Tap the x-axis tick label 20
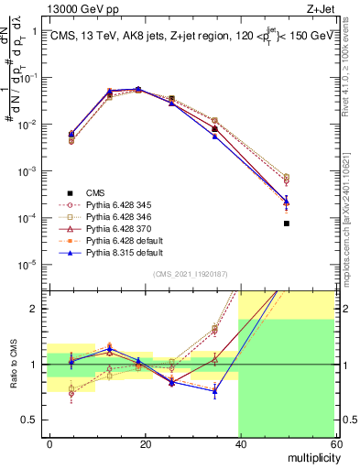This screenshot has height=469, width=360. coord(145,443)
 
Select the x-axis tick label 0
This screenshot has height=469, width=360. coord(49,443)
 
